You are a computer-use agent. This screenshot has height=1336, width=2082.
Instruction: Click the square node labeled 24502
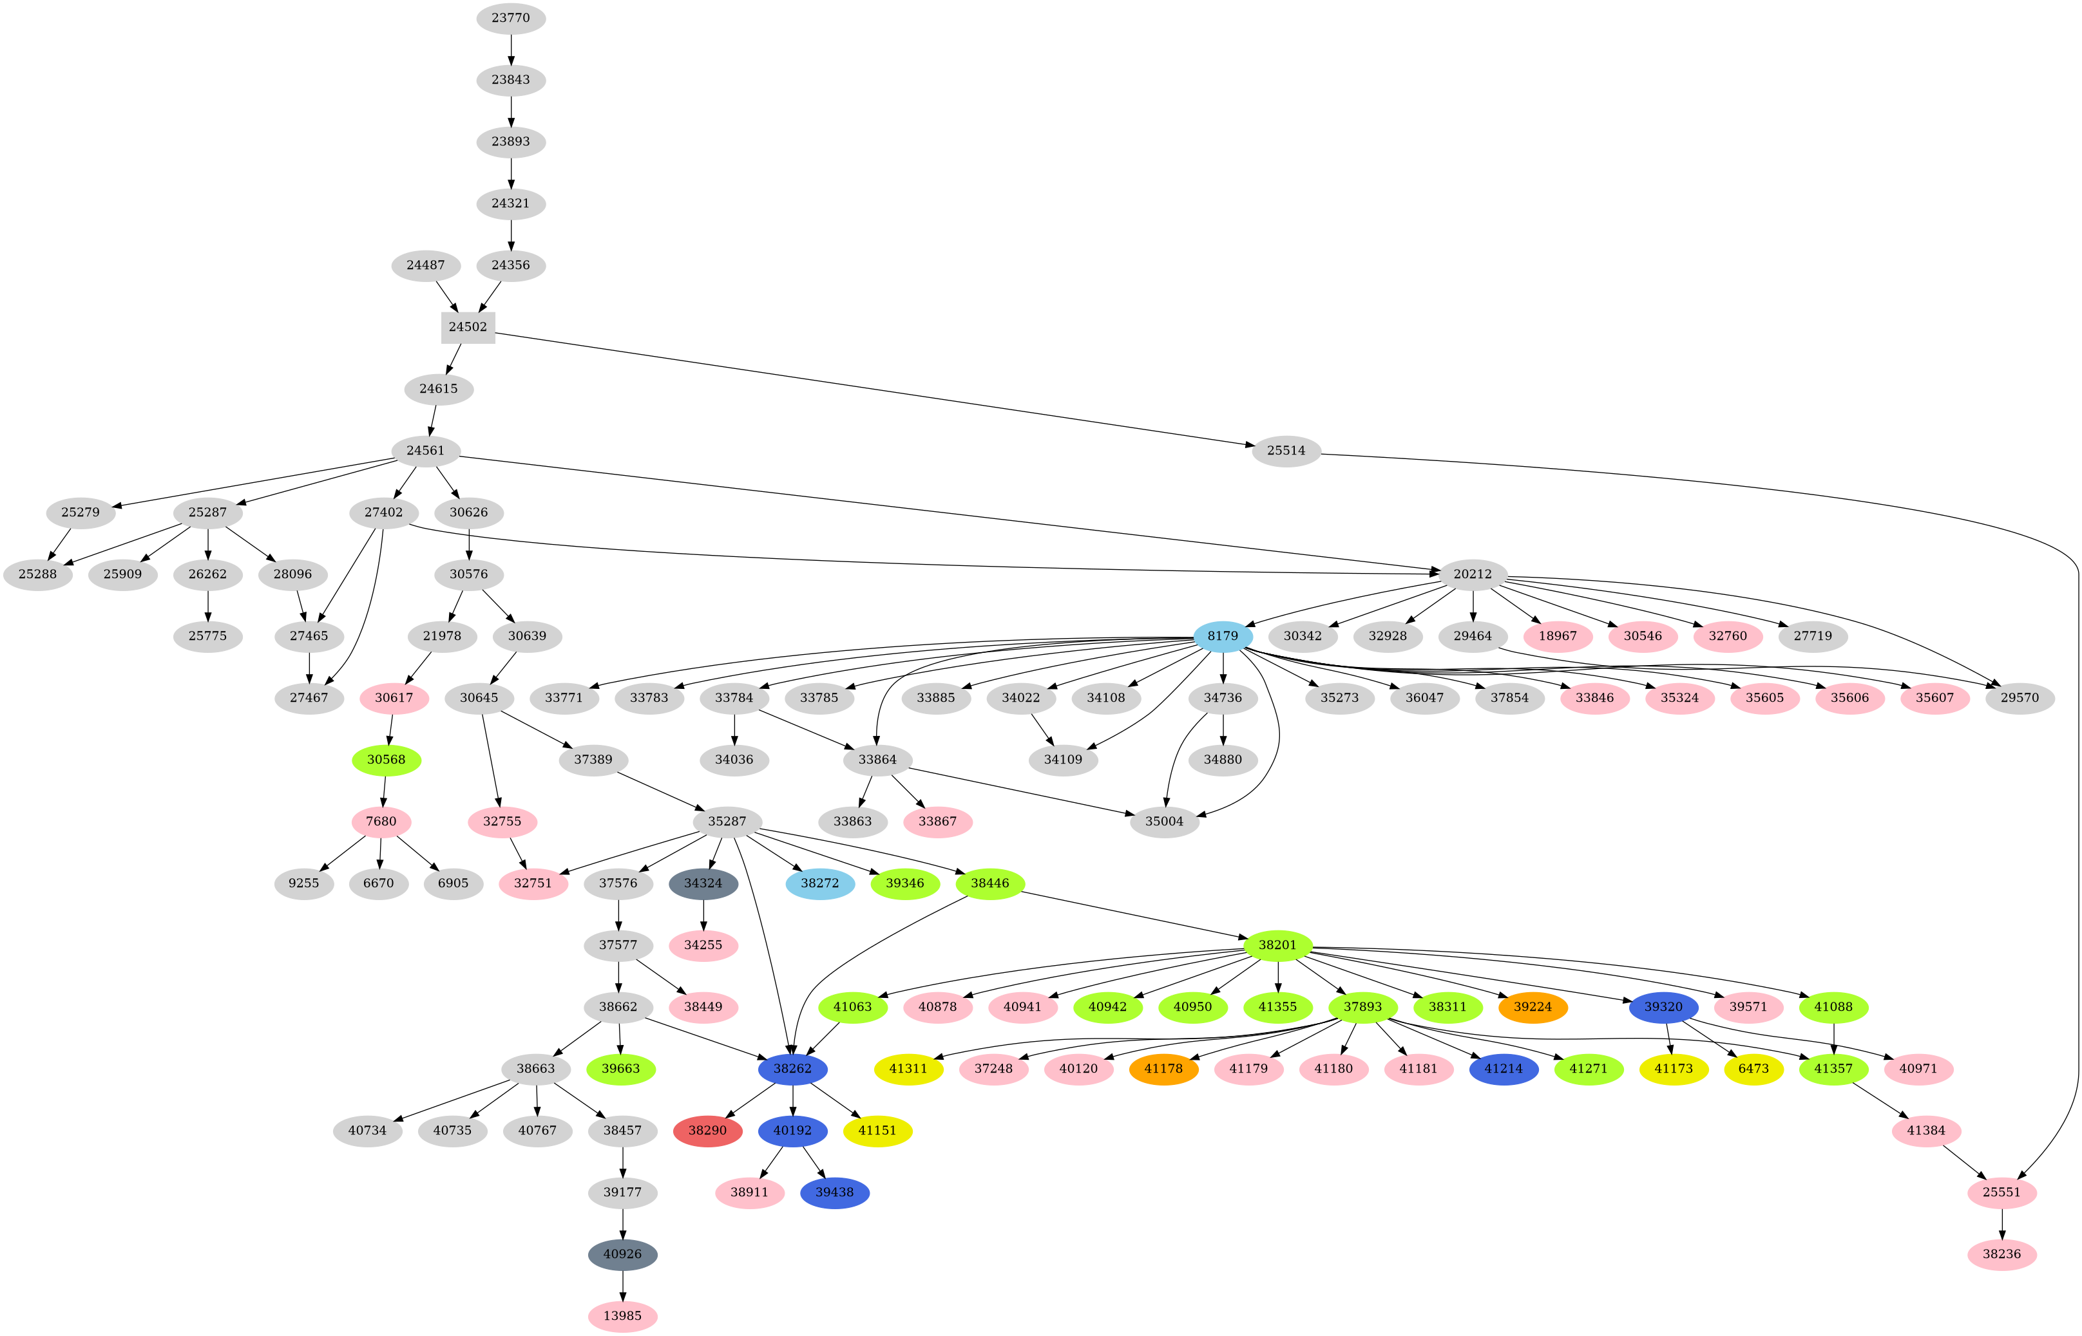pyautogui.click(x=468, y=327)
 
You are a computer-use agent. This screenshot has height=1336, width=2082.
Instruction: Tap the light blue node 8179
pyautogui.click(x=1223, y=636)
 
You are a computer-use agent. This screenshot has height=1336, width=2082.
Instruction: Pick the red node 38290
pyautogui.click(x=707, y=1131)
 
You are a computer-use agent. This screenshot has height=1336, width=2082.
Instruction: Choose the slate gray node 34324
pyautogui.click(x=703, y=883)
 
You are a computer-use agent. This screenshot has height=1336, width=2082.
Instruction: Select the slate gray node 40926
pyautogui.click(x=622, y=1254)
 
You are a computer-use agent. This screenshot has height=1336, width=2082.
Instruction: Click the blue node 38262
pyautogui.click(x=792, y=1068)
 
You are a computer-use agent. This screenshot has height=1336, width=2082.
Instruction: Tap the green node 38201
pyautogui.click(x=1277, y=945)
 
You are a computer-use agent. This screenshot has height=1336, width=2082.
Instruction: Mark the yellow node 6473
pyautogui.click(x=1753, y=1068)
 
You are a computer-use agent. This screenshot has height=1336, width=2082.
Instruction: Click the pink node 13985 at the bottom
pyautogui.click(x=622, y=1315)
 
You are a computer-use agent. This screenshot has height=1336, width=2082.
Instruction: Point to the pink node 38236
pyautogui.click(x=2001, y=1254)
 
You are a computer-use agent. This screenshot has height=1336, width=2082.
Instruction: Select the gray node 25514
pyautogui.click(x=1286, y=450)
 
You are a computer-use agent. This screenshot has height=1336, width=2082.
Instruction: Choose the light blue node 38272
pyautogui.click(x=819, y=883)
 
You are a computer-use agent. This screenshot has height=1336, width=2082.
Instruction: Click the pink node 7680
pyautogui.click(x=381, y=821)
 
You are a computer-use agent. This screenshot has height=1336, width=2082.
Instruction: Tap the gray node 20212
pyautogui.click(x=1473, y=574)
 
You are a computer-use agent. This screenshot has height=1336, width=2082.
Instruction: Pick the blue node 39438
pyautogui.click(x=834, y=1192)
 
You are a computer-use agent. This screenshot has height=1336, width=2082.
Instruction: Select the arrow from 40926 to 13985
pyautogui.click(x=622, y=1285)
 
